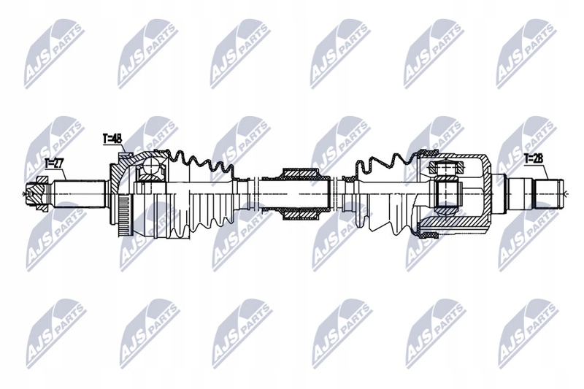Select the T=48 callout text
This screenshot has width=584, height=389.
[112, 136]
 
